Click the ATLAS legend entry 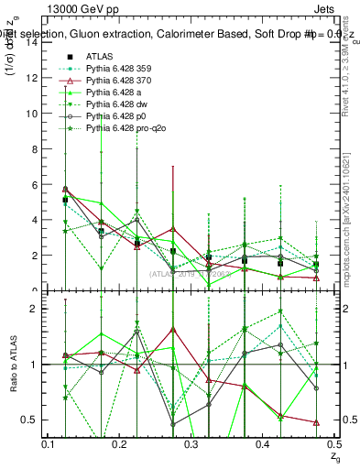pyautogui.click(x=99, y=57)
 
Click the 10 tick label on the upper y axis pyautogui.click(x=31, y=114)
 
